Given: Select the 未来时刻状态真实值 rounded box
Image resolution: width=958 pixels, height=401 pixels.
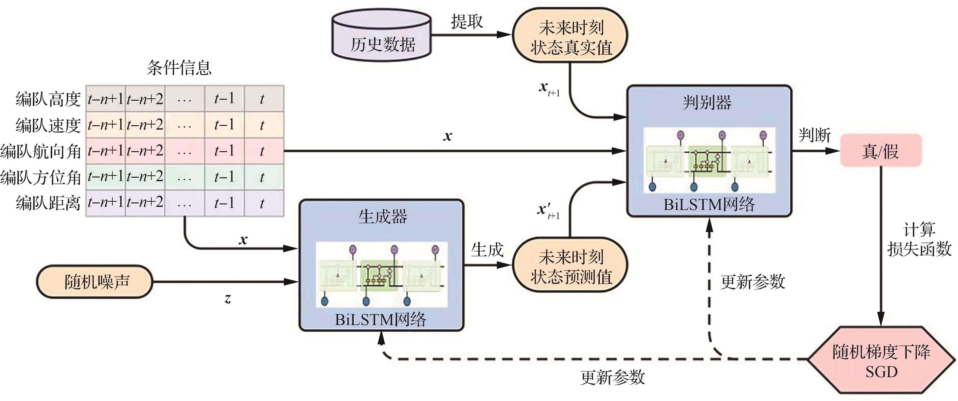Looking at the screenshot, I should click(x=570, y=36).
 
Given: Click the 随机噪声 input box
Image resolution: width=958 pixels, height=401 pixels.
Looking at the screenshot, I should click(x=95, y=281).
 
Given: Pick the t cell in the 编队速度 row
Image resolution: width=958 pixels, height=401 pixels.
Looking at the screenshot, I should click(x=263, y=125).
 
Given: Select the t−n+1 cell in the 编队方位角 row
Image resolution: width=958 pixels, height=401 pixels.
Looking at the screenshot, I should click(x=106, y=177).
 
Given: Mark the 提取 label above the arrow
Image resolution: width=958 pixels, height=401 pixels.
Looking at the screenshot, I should click(x=467, y=22).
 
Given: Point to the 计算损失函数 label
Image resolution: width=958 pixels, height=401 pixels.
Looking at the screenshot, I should click(x=919, y=239).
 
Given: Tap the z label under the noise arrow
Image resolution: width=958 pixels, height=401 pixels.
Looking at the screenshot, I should click(x=228, y=298).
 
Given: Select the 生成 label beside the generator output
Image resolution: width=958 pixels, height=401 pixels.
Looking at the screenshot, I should click(x=487, y=250).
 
